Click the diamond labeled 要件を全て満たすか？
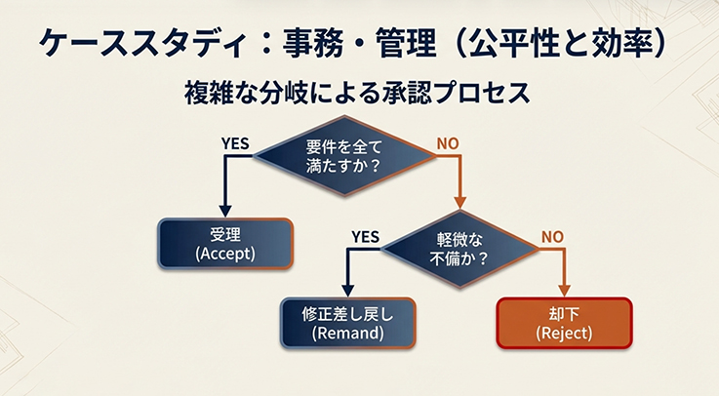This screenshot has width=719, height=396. [343, 157]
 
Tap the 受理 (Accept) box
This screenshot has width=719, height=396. [225, 244]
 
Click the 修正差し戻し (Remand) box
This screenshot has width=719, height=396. [348, 323]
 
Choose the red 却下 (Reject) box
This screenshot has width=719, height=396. [565, 323]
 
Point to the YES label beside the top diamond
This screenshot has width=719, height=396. [235, 143]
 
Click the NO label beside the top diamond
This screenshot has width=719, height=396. [448, 143]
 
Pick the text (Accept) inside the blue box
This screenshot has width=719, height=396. [225, 254]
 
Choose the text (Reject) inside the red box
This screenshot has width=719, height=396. [565, 333]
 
